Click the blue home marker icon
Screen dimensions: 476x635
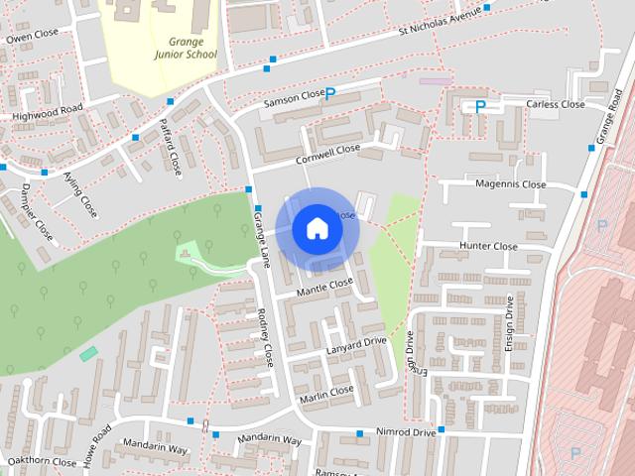317,228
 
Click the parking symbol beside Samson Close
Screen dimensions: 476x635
330,94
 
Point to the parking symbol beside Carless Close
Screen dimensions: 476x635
480,106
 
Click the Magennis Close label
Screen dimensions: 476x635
512,184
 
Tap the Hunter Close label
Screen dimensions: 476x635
488,246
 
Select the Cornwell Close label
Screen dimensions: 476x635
327,156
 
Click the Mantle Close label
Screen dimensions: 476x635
324,287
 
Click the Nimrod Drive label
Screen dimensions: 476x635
406,432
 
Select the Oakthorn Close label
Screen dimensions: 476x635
41,462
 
